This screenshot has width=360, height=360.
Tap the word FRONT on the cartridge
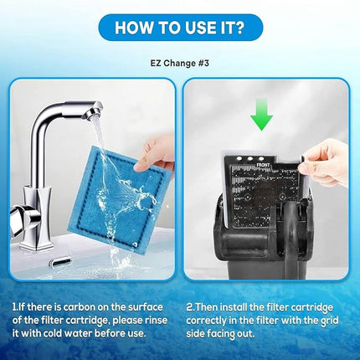click(263, 165)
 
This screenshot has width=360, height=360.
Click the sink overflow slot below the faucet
click(60, 262)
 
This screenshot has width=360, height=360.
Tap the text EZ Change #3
click(180, 63)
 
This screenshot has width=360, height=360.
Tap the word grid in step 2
click(329, 321)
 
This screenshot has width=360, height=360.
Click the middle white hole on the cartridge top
click(250, 158)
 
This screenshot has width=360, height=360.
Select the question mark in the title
click(239, 28)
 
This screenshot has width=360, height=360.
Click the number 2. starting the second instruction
click(190, 307)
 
